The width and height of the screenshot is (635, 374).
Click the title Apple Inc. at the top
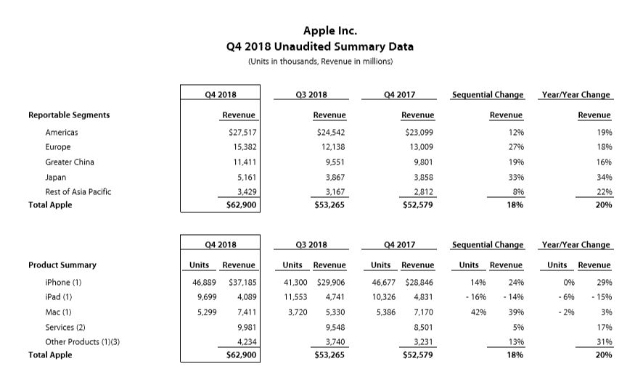click(320, 30)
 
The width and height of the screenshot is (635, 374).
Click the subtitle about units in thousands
click(320, 62)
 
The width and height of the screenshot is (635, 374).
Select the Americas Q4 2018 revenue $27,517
click(242, 133)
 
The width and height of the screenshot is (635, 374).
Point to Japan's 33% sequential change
click(517, 177)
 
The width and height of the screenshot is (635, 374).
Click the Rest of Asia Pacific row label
click(78, 192)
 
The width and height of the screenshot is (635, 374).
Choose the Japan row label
click(55, 177)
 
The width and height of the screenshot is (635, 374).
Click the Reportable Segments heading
click(69, 115)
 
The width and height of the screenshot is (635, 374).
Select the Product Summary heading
click(62, 265)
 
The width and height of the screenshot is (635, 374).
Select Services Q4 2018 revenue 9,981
click(244, 327)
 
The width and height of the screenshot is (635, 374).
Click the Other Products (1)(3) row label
click(82, 342)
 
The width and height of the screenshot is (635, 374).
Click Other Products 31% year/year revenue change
click(604, 342)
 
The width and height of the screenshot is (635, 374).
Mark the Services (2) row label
click(65, 327)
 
